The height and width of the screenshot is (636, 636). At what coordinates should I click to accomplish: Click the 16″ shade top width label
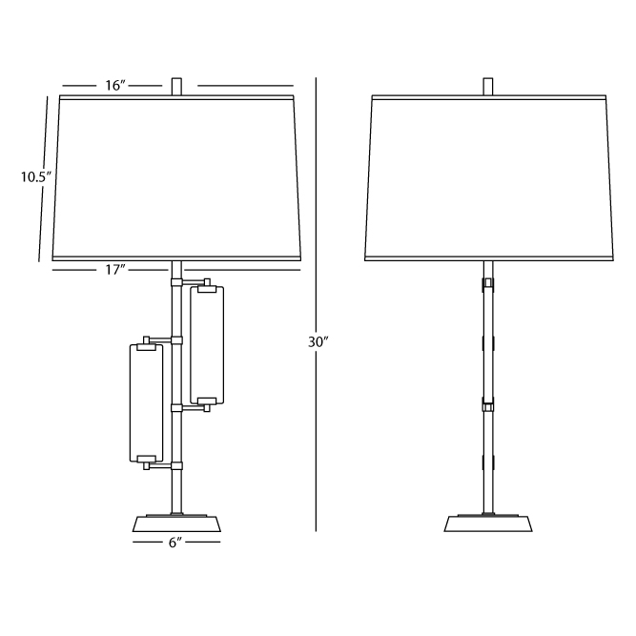(115, 86)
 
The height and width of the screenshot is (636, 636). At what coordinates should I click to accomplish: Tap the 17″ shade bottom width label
(115, 270)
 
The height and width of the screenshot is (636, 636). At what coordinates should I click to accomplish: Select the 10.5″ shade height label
(36, 177)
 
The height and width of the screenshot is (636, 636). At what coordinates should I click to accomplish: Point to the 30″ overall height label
(318, 342)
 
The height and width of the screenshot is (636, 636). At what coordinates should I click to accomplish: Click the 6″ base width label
(174, 543)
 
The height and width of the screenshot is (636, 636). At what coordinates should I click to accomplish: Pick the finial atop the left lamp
(176, 87)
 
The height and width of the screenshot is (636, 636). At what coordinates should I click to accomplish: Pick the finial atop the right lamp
(488, 87)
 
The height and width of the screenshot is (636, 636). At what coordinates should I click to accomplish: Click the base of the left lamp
(176, 523)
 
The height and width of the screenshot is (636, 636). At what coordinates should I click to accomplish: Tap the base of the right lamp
(488, 523)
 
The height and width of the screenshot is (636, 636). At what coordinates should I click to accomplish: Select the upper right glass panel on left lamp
(207, 345)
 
